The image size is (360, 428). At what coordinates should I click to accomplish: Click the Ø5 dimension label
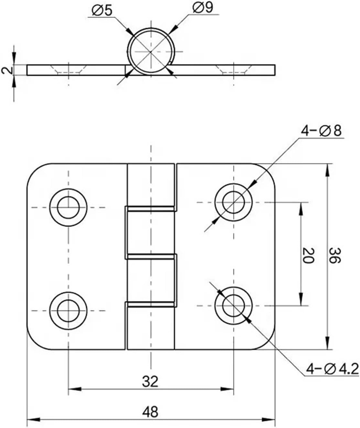click(x=102, y=10)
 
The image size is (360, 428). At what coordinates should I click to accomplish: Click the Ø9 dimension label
click(x=203, y=8)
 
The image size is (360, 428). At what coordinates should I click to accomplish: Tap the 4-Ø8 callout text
click(x=321, y=131)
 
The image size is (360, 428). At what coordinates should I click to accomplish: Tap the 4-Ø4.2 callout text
click(x=333, y=369)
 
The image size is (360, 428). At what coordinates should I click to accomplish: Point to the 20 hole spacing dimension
click(x=308, y=255)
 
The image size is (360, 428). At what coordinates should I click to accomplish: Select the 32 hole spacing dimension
click(x=150, y=381)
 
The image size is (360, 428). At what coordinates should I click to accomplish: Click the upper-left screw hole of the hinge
click(x=68, y=207)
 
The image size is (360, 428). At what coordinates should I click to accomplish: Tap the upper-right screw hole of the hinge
click(x=234, y=202)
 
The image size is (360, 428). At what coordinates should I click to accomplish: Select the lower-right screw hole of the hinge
click(x=234, y=305)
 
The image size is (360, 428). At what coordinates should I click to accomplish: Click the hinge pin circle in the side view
click(x=151, y=51)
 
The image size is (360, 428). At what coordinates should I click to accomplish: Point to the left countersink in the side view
click(x=68, y=69)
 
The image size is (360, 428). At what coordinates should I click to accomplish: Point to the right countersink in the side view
click(x=234, y=69)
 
